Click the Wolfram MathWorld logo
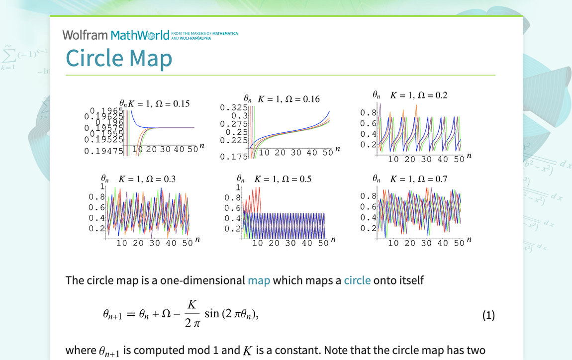pos(116,35)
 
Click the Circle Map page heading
pos(119,58)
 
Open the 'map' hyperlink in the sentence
pos(259,280)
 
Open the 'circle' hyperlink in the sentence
pos(357,280)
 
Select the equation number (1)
pos(488,315)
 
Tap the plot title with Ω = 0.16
pos(288,99)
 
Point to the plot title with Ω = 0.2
pos(418,95)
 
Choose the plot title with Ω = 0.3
pos(147,179)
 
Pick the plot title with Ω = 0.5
pos(283,179)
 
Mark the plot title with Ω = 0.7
pos(418,179)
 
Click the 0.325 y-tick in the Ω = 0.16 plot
pos(234,107)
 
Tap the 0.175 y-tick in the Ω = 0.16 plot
pos(234,157)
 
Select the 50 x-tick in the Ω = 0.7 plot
pos(459,243)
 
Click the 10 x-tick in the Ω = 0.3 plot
pos(121,243)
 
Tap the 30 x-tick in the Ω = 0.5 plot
pos(290,243)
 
